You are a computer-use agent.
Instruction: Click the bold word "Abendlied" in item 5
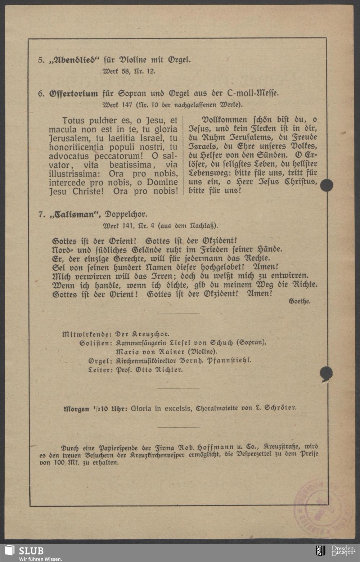tap(74, 60)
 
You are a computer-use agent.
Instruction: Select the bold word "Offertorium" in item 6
tap(73, 94)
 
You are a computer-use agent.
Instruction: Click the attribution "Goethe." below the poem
tap(300, 301)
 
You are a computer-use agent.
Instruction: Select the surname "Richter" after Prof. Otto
tap(170, 370)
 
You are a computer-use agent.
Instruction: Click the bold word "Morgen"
tap(76, 409)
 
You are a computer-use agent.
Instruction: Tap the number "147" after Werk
tap(128, 105)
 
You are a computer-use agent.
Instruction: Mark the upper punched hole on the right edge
tap(327, 185)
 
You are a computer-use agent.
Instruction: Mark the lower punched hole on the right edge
tap(327, 373)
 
